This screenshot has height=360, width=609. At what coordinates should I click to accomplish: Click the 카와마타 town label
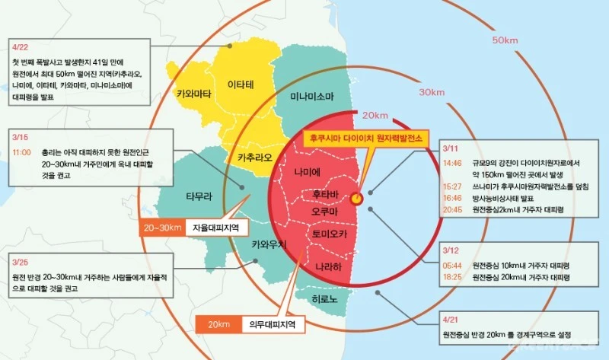click(193, 96)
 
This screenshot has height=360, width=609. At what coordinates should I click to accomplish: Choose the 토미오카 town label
click(329, 234)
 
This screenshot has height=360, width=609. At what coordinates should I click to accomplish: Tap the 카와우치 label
click(268, 244)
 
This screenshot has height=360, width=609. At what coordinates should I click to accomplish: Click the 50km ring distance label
click(505, 40)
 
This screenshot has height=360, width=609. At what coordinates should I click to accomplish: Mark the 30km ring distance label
click(432, 92)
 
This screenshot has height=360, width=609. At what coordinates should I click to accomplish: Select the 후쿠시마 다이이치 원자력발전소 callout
click(365, 139)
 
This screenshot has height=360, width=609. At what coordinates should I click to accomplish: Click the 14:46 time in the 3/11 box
click(451, 163)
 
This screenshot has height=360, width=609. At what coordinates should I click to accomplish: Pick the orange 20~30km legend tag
click(161, 227)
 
